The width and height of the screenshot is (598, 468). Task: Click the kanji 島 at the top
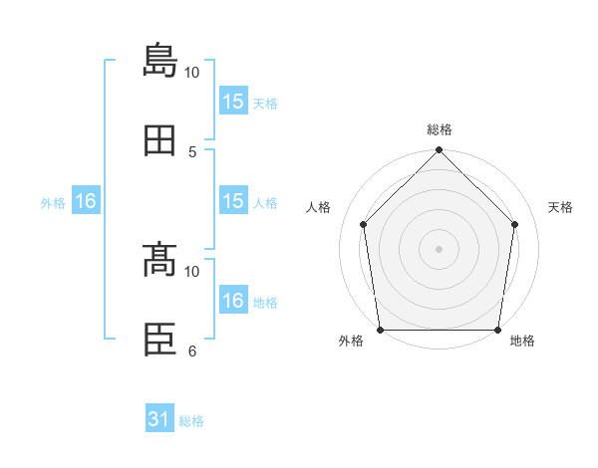click(x=159, y=60)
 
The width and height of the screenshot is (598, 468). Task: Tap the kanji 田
click(x=159, y=140)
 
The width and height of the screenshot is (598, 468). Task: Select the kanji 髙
click(x=159, y=259)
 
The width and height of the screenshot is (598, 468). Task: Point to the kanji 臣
click(x=159, y=340)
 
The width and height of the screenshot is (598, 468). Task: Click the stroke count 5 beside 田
click(x=192, y=152)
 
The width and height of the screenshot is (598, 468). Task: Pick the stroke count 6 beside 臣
click(x=192, y=351)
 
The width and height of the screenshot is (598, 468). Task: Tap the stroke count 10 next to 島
click(x=191, y=73)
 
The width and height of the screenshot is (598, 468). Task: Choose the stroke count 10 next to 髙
click(x=191, y=272)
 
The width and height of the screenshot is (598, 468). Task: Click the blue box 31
click(x=159, y=417)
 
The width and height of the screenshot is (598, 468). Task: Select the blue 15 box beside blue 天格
click(x=233, y=101)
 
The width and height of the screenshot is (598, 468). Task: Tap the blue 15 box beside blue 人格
click(x=233, y=200)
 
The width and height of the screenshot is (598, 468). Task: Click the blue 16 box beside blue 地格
click(x=233, y=299)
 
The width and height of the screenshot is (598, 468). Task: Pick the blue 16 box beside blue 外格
click(x=86, y=200)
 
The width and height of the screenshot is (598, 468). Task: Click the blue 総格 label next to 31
click(x=191, y=421)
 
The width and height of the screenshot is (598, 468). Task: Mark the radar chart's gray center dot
click(x=439, y=249)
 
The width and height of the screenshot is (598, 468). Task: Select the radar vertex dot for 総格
click(x=439, y=149)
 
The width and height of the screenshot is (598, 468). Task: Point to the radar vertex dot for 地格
click(x=497, y=330)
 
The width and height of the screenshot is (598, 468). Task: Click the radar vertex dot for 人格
click(x=364, y=224)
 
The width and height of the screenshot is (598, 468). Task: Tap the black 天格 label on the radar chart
click(x=560, y=207)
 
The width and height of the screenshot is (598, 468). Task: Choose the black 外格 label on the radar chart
click(x=351, y=341)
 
